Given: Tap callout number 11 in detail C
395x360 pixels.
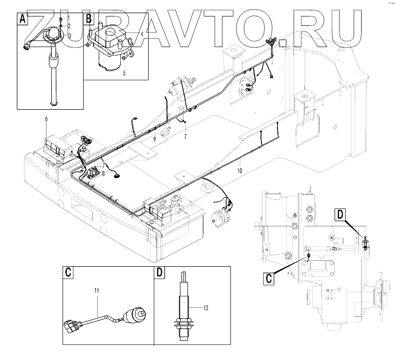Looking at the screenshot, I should (x=97, y=292).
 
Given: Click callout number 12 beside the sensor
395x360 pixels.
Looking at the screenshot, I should (x=205, y=308).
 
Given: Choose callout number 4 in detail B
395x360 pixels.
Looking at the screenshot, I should (x=142, y=34).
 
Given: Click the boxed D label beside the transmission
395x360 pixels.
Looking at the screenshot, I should (x=341, y=215).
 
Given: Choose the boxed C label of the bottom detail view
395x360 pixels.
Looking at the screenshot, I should (x=69, y=272).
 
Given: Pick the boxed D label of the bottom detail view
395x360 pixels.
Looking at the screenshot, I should (x=160, y=272).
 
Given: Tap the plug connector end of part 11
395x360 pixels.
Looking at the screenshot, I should (x=71, y=326).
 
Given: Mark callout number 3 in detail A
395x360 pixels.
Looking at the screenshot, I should (x=69, y=35).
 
